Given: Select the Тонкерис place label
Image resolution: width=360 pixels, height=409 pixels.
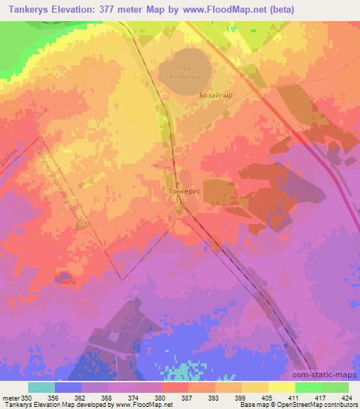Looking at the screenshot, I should (x=186, y=190).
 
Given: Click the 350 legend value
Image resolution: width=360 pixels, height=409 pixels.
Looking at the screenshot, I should (x=27, y=397).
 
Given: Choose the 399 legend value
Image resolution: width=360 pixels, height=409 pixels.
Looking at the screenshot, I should (x=241, y=397).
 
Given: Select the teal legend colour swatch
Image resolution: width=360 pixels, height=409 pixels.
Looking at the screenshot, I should (x=41, y=387).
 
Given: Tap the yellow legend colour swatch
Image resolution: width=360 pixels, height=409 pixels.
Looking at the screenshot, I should (x=281, y=387).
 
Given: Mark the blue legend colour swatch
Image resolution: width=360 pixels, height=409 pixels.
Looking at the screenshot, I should (x=67, y=387).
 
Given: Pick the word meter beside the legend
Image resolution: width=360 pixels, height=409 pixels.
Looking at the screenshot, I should (x=10, y=397).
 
